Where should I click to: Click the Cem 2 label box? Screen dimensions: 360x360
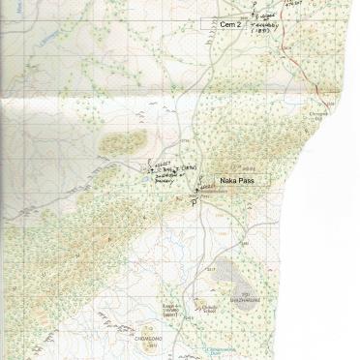[228, 23]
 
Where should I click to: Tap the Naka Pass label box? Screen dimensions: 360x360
[236, 180]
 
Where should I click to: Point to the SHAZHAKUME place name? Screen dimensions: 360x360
[249, 301]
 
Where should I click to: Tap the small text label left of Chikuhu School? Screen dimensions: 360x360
[173, 313]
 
